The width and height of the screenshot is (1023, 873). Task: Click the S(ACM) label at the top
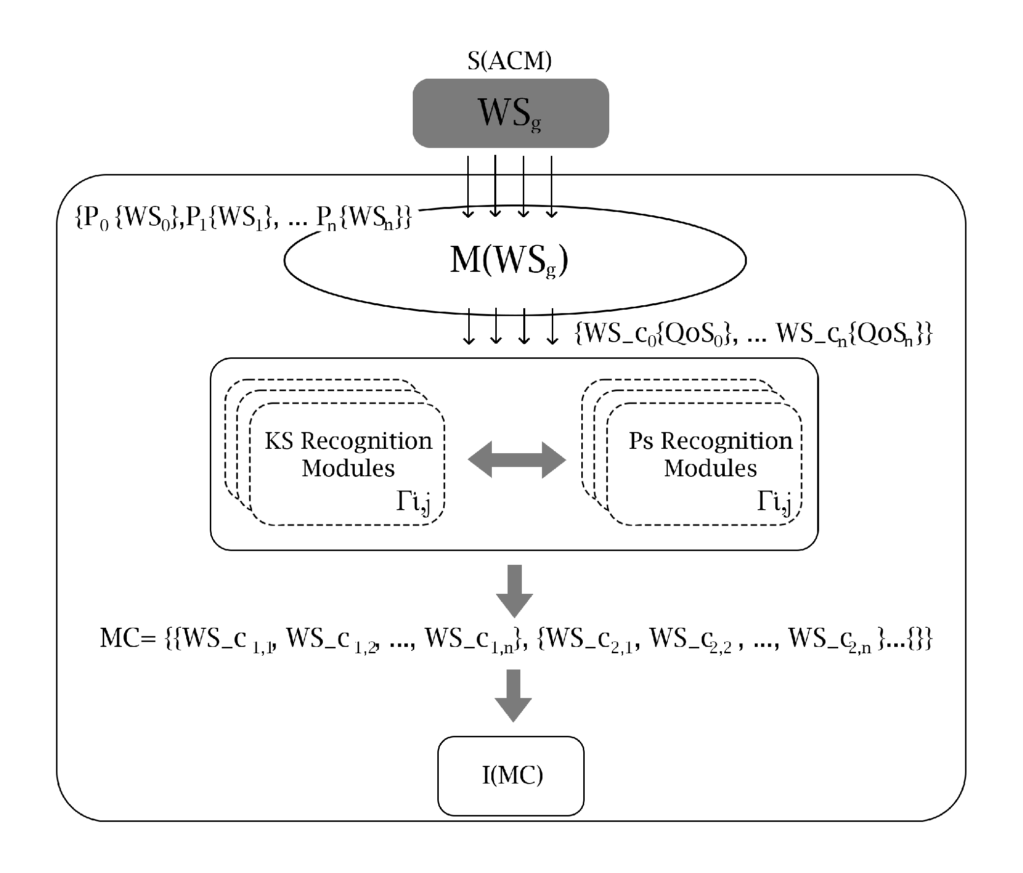click(x=509, y=60)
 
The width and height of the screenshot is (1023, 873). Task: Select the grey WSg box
click(x=511, y=113)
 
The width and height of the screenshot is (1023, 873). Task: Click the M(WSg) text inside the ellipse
click(x=509, y=261)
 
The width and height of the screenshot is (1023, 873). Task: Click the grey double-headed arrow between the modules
click(x=516, y=460)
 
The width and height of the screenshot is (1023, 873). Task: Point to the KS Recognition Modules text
click(x=348, y=454)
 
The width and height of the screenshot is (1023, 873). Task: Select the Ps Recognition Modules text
click(x=710, y=454)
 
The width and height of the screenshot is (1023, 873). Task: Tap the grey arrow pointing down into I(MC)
click(x=513, y=696)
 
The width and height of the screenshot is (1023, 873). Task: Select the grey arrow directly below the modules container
click(x=514, y=590)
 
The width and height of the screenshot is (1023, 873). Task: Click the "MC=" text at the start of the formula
click(x=127, y=639)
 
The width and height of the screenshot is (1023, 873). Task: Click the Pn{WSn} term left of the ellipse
click(x=363, y=217)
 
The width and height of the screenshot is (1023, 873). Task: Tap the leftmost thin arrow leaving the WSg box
click(x=468, y=187)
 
